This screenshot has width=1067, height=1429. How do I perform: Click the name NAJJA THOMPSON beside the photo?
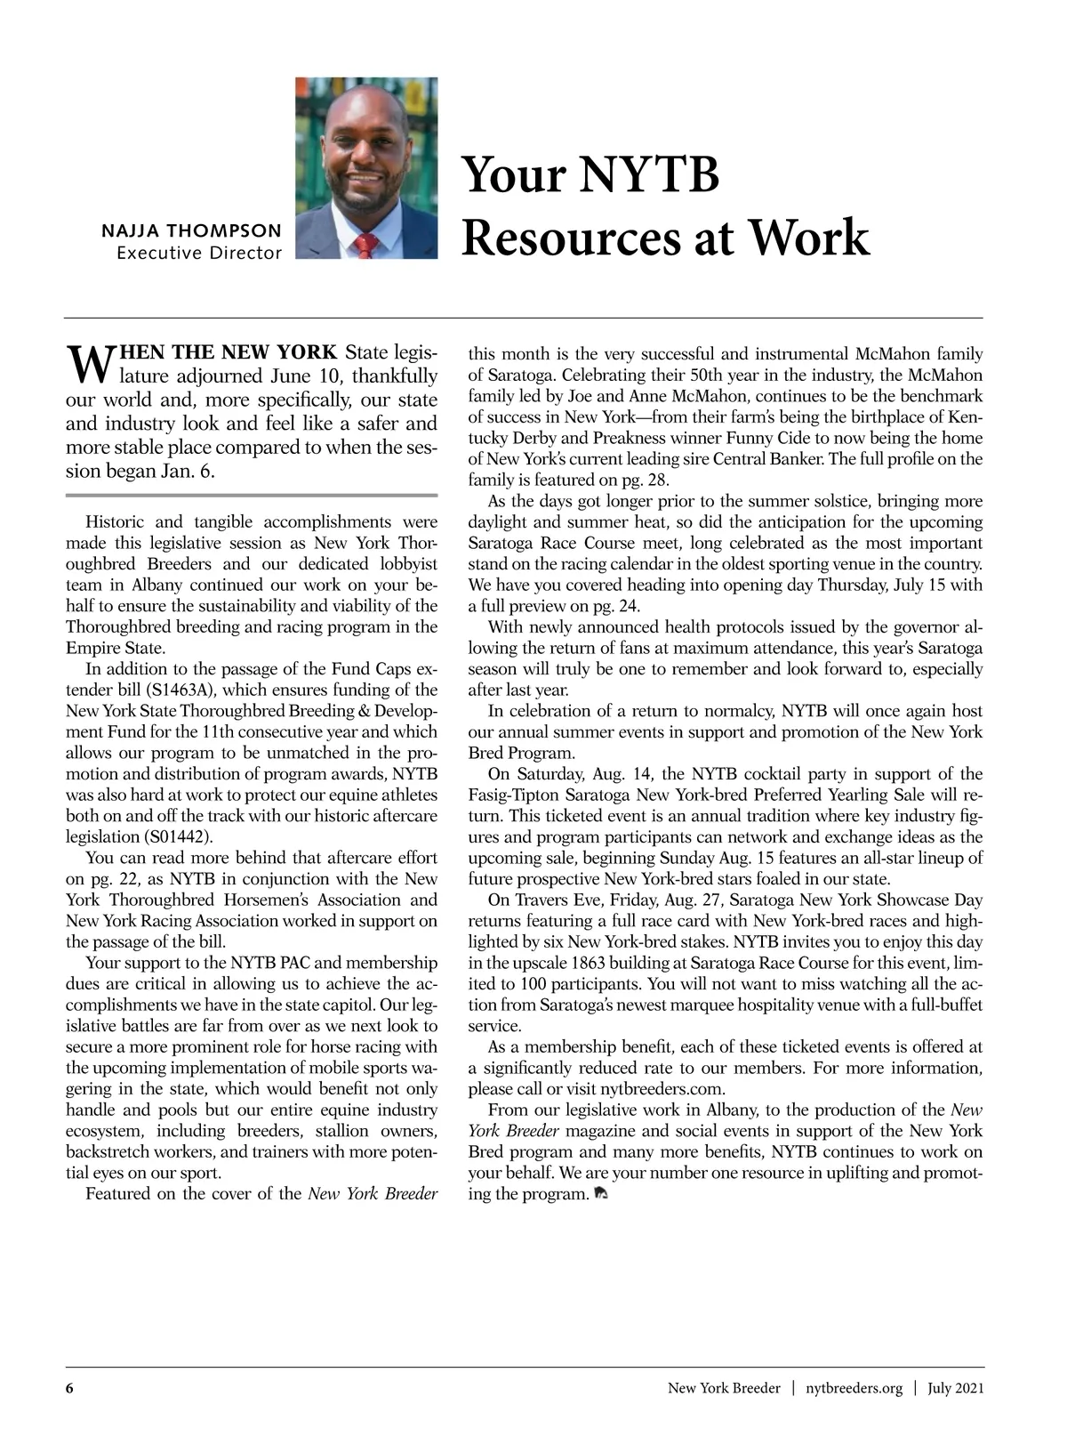(191, 230)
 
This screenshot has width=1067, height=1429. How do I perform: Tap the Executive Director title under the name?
(199, 253)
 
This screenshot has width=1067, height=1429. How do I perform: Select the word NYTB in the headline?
(650, 174)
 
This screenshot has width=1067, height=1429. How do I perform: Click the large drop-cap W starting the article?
(85, 360)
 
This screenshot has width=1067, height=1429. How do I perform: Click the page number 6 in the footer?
(68, 1388)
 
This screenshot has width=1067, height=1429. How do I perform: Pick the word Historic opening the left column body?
(116, 522)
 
